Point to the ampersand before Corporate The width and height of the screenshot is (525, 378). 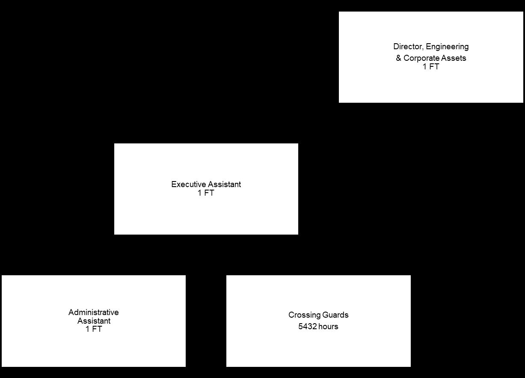pos(398,58)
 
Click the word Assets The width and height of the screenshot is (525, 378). pos(455,58)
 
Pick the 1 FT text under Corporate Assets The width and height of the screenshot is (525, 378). pos(431,67)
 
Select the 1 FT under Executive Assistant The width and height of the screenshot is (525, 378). pos(206,193)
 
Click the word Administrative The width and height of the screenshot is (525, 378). pos(94,313)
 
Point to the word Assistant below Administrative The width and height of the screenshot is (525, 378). pos(94,321)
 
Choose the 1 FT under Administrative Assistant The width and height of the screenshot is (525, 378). pos(94,329)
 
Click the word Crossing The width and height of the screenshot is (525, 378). pos(303,315)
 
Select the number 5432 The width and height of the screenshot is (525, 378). pos(306,327)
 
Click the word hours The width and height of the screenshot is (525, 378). pos(327,327)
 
